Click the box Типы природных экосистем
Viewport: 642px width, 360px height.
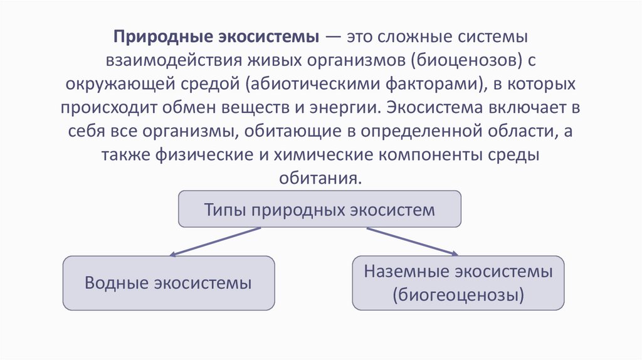[x=320, y=209]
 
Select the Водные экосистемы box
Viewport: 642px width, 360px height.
[x=168, y=283]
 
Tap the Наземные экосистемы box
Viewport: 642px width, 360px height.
[x=458, y=282]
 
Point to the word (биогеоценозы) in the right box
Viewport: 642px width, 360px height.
[x=458, y=294]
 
